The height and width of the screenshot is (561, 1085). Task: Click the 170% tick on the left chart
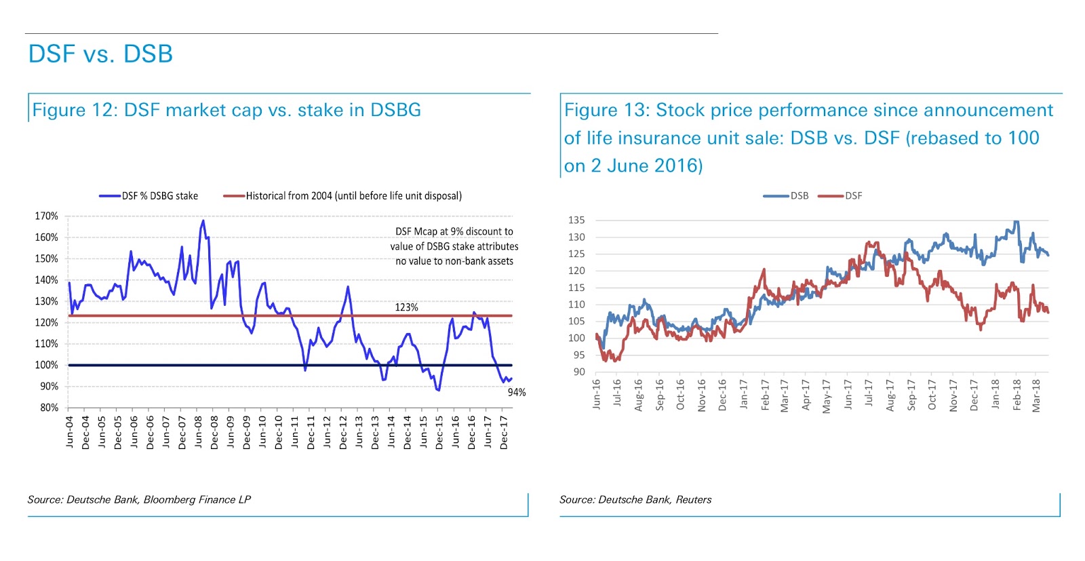(47, 216)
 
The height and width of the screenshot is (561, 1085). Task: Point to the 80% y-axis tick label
(49, 408)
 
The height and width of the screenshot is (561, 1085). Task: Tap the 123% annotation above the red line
(406, 307)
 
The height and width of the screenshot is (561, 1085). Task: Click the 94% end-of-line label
(517, 392)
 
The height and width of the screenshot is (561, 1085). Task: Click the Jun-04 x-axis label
(70, 432)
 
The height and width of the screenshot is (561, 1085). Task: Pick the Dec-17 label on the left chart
(504, 432)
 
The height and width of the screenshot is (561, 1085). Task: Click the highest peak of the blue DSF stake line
(203, 220)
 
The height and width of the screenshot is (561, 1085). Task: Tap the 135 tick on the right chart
(576, 220)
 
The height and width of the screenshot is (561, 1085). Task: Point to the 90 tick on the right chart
(578, 372)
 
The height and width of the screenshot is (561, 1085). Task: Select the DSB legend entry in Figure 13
(799, 196)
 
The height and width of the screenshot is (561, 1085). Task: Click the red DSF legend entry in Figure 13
(853, 196)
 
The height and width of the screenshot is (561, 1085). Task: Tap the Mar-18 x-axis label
(1036, 395)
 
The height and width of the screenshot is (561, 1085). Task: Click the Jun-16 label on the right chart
(597, 394)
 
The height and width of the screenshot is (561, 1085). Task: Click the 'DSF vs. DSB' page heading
(100, 54)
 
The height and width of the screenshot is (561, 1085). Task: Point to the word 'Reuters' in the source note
(693, 500)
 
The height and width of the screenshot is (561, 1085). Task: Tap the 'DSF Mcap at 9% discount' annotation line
(454, 231)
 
